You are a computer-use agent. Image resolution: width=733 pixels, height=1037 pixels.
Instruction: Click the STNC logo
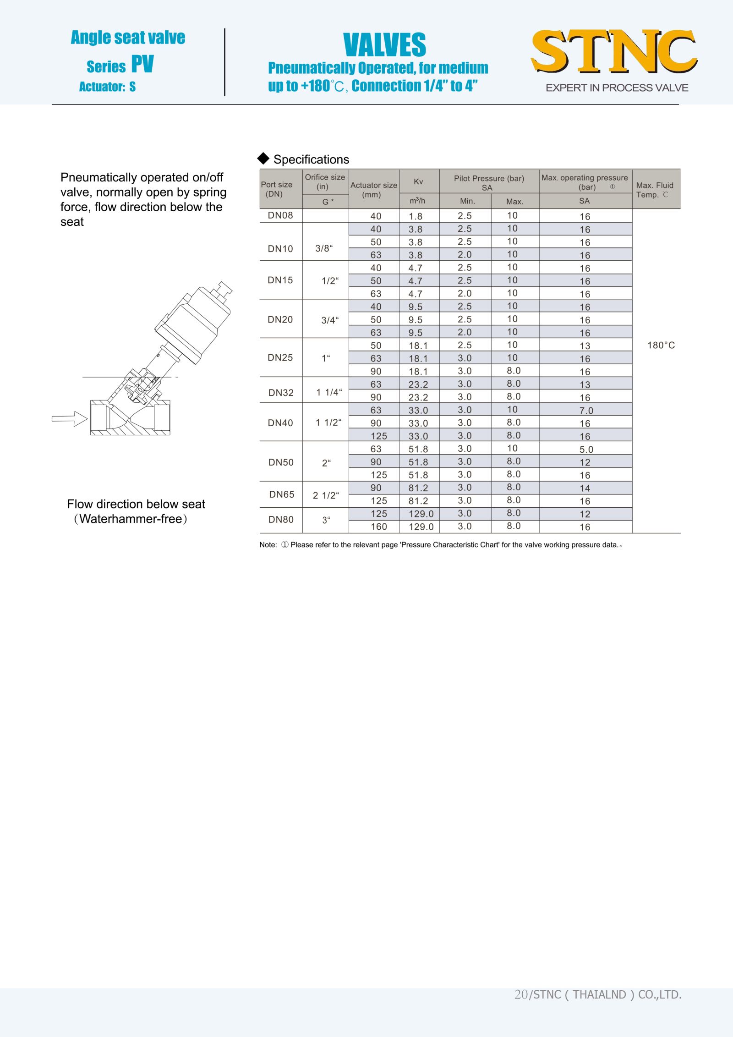[x=614, y=51]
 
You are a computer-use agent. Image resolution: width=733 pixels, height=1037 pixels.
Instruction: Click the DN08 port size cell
[x=280, y=215]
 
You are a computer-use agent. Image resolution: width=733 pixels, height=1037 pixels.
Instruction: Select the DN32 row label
[x=281, y=393]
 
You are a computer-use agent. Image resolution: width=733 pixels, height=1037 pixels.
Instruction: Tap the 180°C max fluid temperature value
[x=661, y=345]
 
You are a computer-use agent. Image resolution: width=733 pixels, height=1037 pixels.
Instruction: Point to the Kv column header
[x=418, y=181]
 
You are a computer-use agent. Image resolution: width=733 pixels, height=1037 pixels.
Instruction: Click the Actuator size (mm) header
[x=373, y=190]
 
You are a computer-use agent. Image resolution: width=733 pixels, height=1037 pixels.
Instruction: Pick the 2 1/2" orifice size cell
[x=326, y=495]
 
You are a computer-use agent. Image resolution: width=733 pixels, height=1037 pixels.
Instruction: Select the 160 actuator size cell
[x=379, y=527]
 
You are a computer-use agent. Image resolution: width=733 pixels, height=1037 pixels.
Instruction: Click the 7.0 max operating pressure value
[x=586, y=411]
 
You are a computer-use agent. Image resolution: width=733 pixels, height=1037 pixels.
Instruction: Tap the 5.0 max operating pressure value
[x=586, y=450]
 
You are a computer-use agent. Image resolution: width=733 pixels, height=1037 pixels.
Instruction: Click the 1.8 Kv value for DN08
[x=416, y=216]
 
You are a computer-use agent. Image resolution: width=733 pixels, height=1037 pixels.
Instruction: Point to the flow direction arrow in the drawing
[x=70, y=418]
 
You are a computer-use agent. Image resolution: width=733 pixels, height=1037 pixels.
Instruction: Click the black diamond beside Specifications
[x=263, y=159]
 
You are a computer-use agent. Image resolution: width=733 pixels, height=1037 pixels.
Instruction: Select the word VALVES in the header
[x=384, y=45]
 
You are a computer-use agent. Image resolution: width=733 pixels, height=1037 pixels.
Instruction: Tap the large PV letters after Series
[x=142, y=64]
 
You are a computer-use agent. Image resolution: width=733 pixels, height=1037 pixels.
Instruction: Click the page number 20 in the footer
[x=521, y=994]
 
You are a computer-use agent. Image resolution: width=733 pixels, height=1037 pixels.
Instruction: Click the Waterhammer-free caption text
[x=131, y=519]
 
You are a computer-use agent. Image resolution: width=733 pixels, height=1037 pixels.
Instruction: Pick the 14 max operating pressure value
[x=585, y=488]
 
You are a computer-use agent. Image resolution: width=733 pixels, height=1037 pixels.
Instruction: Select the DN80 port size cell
[x=281, y=520]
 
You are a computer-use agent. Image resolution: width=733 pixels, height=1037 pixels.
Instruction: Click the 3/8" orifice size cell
[x=324, y=248]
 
